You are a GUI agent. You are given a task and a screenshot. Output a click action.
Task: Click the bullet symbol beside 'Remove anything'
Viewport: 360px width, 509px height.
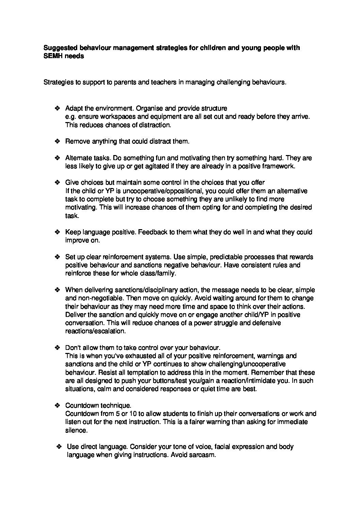click(x=57, y=141)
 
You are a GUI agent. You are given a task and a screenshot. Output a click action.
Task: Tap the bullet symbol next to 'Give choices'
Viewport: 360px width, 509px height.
click(x=57, y=183)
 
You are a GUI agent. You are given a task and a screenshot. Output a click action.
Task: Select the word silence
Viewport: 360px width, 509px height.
click(x=76, y=430)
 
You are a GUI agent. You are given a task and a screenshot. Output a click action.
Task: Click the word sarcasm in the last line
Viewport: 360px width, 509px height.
click(x=204, y=455)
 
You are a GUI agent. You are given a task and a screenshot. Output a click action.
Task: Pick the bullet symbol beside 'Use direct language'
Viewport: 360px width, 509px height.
click(x=59, y=446)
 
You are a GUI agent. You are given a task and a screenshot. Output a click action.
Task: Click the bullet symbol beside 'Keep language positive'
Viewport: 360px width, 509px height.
click(x=57, y=232)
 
